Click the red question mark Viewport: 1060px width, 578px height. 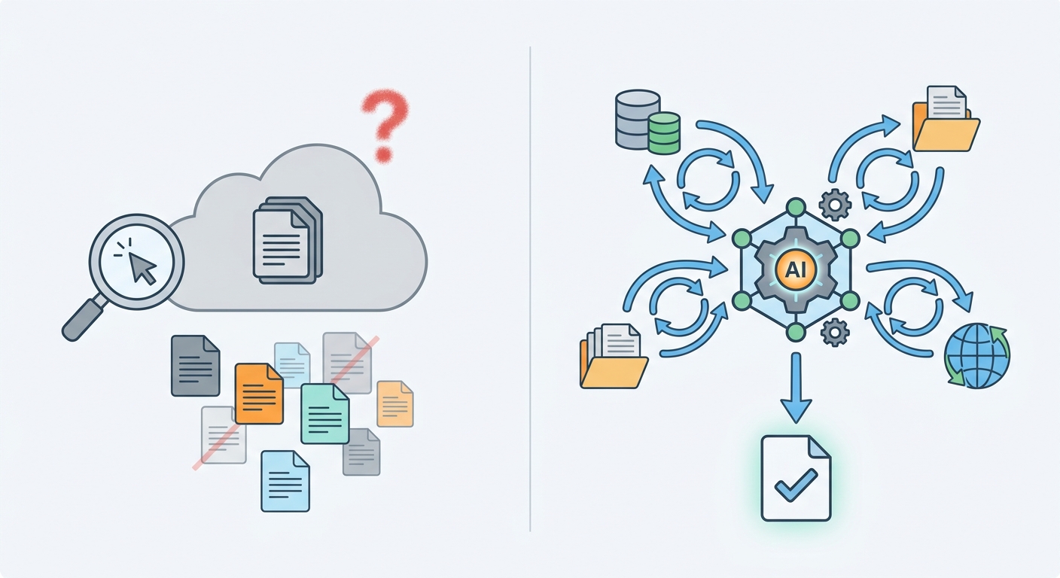(x=385, y=125)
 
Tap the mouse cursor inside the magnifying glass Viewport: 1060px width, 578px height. (x=142, y=266)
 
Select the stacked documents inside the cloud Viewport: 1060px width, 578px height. (x=288, y=240)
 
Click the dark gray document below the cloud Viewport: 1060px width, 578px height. (x=196, y=366)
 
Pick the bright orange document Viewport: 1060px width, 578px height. (x=259, y=394)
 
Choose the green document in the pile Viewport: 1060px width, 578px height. (x=325, y=414)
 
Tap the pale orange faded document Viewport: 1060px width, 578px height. (x=395, y=404)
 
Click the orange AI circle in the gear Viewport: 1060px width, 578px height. (x=796, y=269)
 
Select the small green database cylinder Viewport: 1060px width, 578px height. (x=665, y=133)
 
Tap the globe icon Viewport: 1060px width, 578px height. (x=976, y=356)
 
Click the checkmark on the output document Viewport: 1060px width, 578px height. (x=796, y=485)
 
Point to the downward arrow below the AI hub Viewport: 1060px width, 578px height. (x=796, y=388)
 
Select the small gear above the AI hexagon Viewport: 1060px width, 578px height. (x=835, y=205)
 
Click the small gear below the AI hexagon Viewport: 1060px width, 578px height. (x=835, y=333)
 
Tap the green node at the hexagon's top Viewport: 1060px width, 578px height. (x=796, y=207)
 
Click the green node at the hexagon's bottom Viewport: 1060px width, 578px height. (x=796, y=332)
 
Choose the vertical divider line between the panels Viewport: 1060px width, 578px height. (x=530, y=288)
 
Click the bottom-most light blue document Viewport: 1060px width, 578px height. (x=285, y=481)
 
